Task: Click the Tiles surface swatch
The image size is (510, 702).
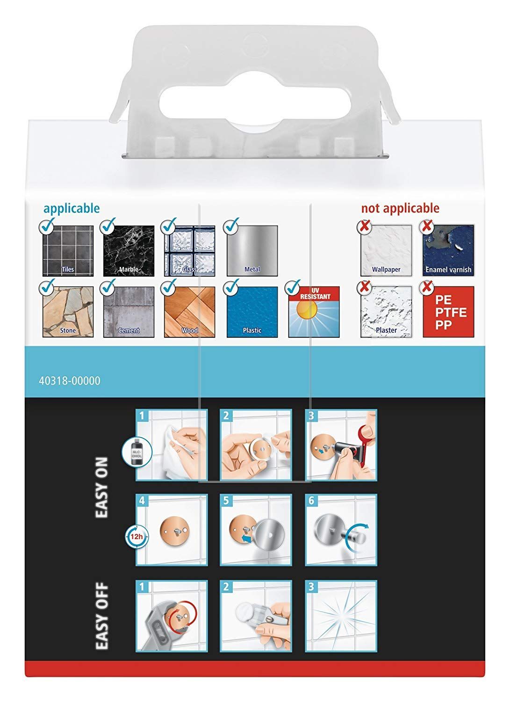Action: tap(68, 250)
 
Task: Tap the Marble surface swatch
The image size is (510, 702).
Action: tap(129, 250)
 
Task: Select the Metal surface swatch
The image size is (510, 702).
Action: tap(252, 250)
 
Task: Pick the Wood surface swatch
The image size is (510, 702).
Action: tap(189, 312)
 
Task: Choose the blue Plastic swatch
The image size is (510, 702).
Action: tap(252, 312)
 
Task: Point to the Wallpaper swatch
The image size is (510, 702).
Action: tap(386, 250)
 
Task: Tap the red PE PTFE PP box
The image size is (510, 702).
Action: tap(448, 312)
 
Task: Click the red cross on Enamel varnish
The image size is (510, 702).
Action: tap(427, 226)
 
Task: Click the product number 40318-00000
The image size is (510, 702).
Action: tap(70, 381)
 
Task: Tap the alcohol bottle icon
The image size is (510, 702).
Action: tap(137, 453)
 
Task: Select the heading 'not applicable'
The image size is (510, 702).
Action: tap(400, 208)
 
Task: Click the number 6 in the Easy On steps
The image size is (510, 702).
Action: tap(311, 500)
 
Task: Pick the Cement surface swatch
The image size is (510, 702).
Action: tap(129, 312)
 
